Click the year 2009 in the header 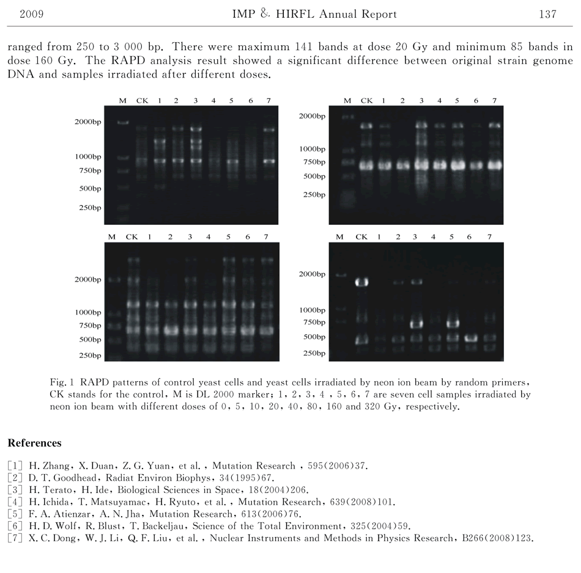click(x=31, y=14)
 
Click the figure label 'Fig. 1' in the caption click(x=60, y=382)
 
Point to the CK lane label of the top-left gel click(x=142, y=100)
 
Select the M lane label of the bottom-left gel click(x=111, y=236)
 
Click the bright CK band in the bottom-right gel click(x=361, y=282)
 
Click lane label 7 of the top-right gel click(x=494, y=100)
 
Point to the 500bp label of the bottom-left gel click(x=89, y=340)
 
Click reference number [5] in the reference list click(x=13, y=514)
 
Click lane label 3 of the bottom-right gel click(x=415, y=236)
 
